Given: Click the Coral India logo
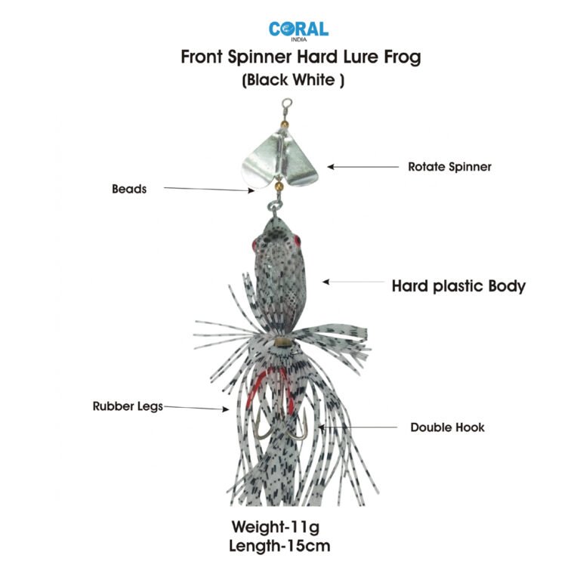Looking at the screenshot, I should coord(298,30).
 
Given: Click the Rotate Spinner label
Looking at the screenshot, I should coord(449,167).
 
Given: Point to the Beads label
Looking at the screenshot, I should coord(129,190).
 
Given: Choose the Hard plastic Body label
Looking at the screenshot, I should coord(458,286).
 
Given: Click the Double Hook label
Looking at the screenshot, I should coord(447,427).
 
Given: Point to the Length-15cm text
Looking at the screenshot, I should coord(282,545).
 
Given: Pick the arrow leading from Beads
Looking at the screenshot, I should coord(208,190).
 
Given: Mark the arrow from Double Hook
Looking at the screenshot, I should coord(358,427).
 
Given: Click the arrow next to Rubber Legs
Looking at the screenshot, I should coord(196,409).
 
